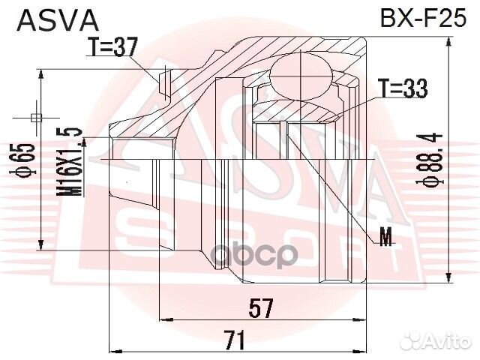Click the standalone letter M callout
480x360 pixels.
point(385,239)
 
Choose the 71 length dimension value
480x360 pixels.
point(235,340)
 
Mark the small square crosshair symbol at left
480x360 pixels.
point(36,116)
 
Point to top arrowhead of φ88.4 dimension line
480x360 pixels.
point(448,39)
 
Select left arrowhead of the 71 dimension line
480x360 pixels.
point(115,350)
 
